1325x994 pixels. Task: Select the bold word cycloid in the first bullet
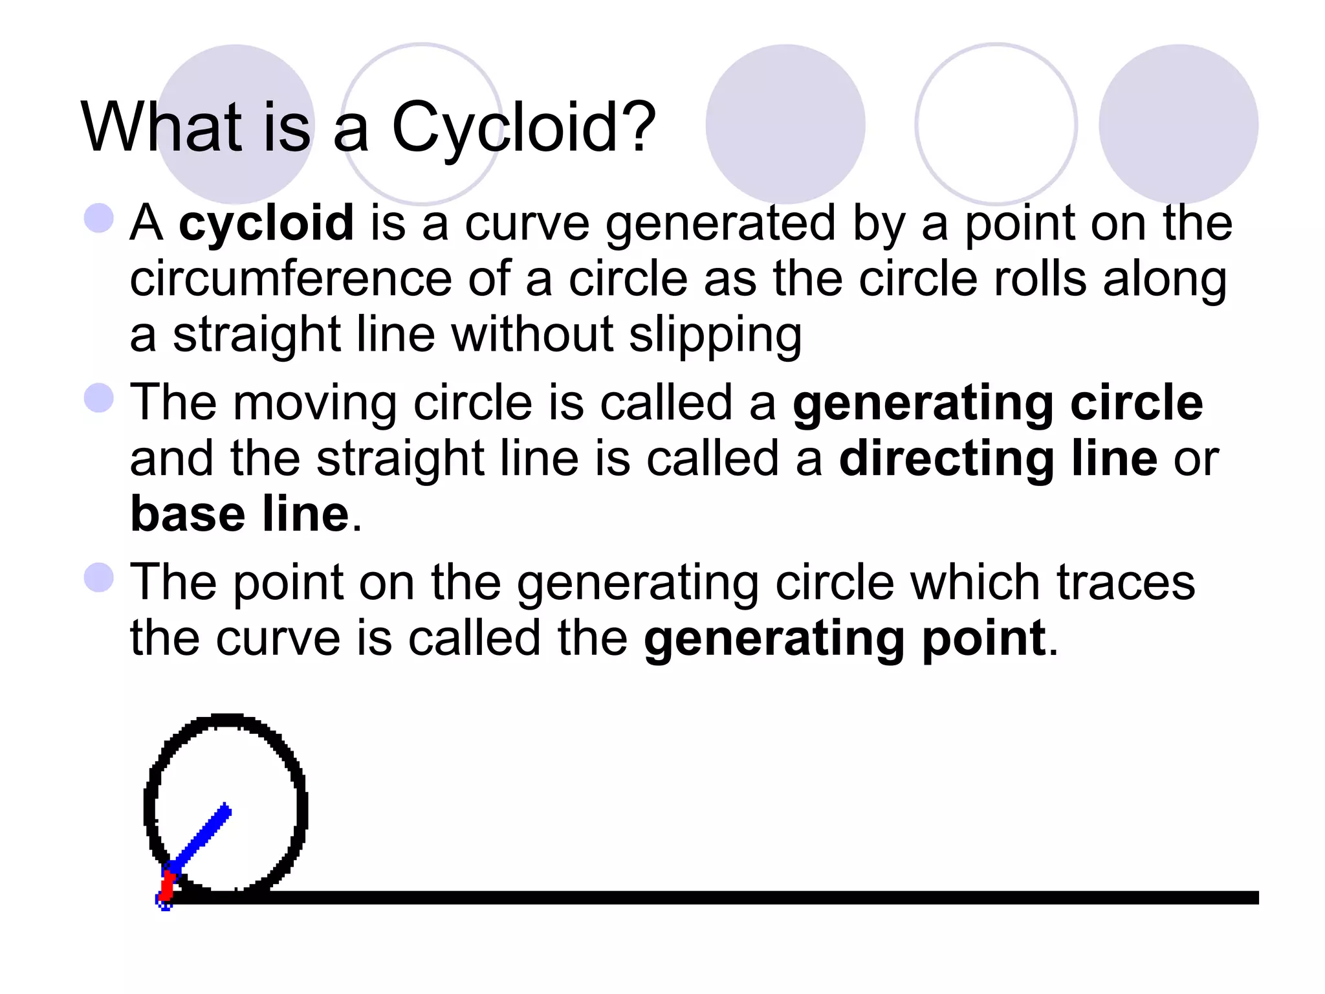tap(266, 223)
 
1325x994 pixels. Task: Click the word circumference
tap(290, 279)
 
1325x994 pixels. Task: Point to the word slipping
tap(715, 335)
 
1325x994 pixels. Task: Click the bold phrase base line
tap(240, 514)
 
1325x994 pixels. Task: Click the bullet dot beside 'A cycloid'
tap(99, 218)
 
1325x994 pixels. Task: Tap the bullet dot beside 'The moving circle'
tap(99, 397)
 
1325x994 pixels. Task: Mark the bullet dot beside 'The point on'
tap(99, 577)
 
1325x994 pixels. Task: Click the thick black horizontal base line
tap(712, 898)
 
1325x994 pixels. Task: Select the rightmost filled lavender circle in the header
tap(1178, 124)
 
